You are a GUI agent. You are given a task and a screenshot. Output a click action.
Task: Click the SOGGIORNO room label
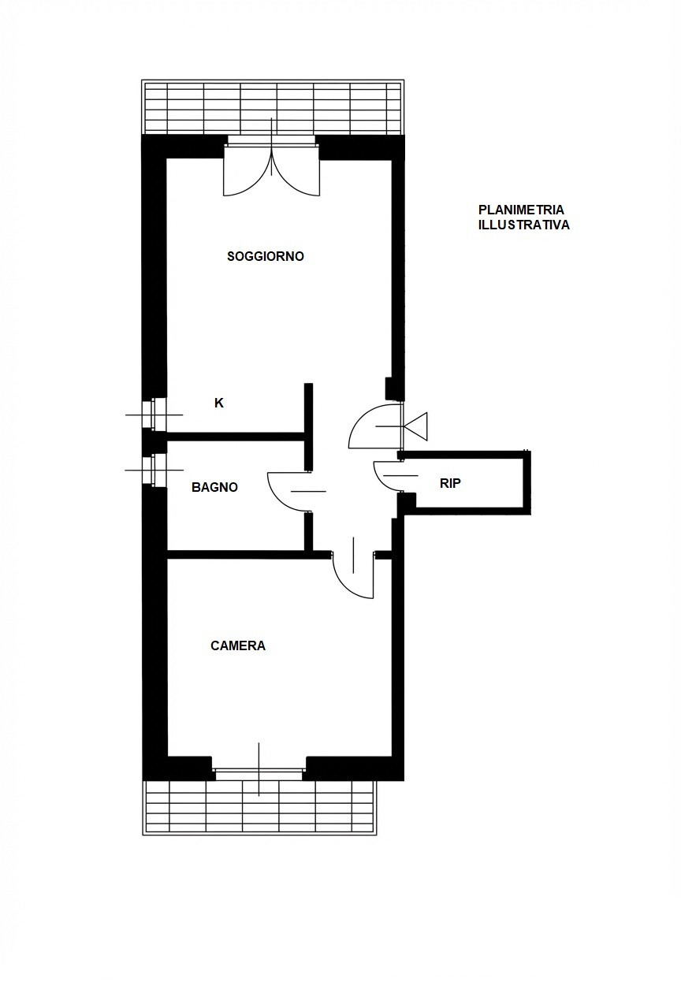tap(266, 256)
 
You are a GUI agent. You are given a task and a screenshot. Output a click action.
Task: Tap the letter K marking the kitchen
tap(219, 403)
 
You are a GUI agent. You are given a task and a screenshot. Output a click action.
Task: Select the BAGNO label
tap(215, 487)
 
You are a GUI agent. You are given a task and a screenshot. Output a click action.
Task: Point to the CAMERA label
tap(238, 645)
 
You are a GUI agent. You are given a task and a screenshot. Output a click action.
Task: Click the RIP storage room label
tap(450, 484)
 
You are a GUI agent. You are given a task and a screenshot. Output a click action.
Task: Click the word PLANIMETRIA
tap(521, 210)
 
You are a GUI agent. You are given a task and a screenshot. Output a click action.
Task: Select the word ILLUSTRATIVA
tap(524, 225)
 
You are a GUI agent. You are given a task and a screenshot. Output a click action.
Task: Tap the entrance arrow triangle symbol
tap(415, 426)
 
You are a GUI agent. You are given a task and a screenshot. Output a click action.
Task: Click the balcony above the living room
tap(272, 108)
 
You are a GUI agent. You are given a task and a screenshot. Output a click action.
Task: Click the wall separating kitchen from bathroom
tap(236, 436)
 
